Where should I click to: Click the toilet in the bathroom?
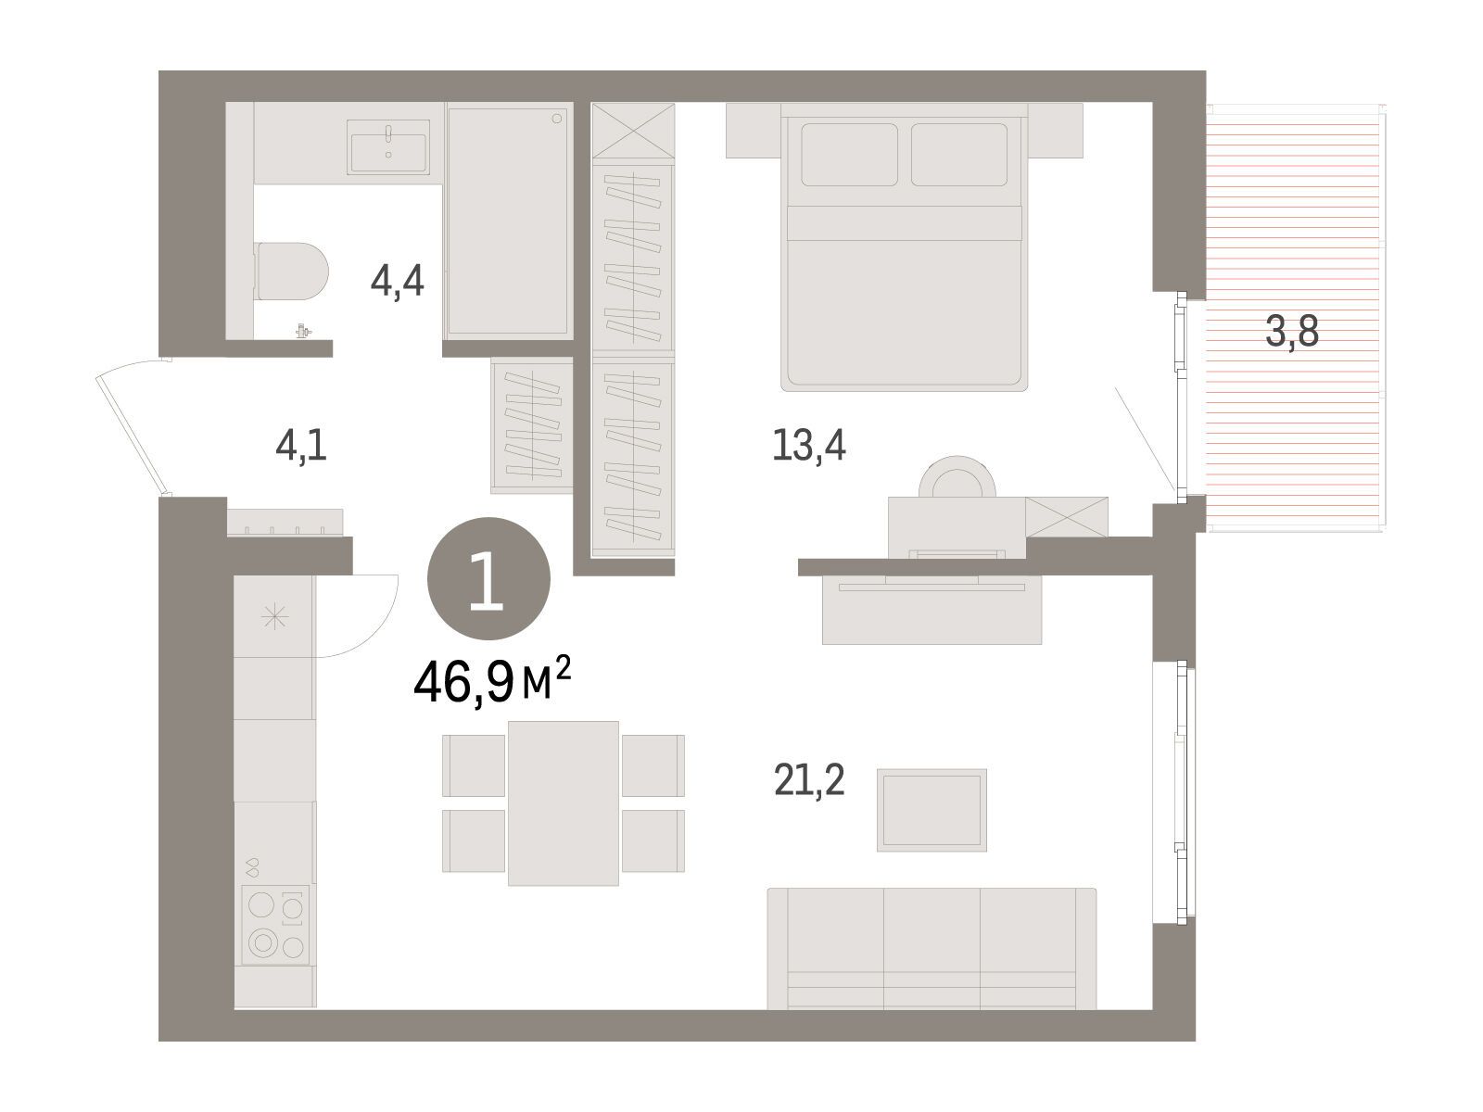[292, 272]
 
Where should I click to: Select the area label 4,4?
[398, 282]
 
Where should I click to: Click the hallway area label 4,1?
[301, 447]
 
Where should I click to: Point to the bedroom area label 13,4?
[809, 447]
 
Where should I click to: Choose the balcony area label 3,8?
[1292, 332]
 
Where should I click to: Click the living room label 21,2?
[809, 780]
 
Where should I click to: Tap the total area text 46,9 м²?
[492, 680]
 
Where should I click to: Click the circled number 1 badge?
[488, 578]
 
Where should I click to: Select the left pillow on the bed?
[849, 155]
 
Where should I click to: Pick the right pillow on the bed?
[958, 155]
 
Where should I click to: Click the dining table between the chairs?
[563, 802]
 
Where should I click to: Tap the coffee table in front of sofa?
[932, 810]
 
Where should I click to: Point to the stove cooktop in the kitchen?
[275, 924]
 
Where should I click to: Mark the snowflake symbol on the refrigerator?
[275, 617]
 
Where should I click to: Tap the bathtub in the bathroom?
[508, 221]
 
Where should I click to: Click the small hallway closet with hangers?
[532, 425]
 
